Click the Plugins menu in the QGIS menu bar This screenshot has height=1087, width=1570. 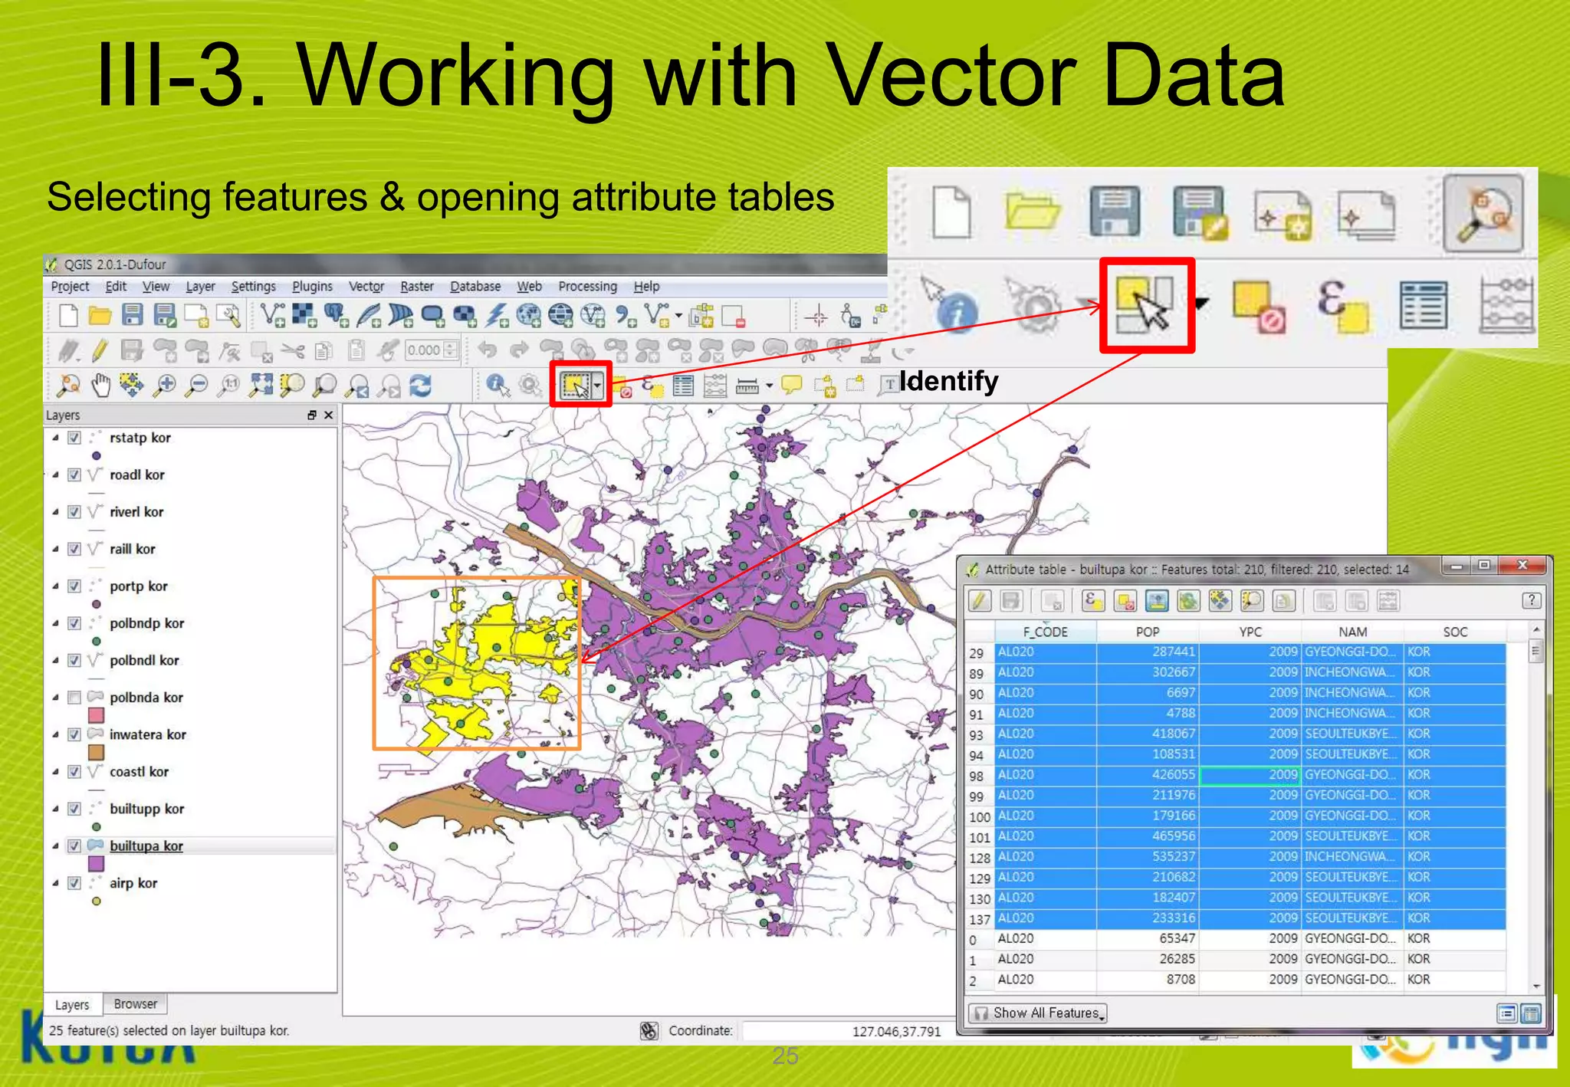312,287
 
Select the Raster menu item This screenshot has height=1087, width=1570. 417,287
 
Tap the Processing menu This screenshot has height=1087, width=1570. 587,287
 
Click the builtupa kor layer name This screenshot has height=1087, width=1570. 146,846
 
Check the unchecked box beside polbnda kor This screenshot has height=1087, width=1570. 74,698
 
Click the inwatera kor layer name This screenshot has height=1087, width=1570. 147,734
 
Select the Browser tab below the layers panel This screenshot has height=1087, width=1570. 135,1004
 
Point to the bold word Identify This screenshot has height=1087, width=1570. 948,381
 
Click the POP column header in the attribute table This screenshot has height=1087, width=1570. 1147,632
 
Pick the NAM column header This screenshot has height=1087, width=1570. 1352,632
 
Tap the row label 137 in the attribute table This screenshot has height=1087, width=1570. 979,919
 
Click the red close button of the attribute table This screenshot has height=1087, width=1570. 1522,566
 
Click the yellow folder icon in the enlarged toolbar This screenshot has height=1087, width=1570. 1032,212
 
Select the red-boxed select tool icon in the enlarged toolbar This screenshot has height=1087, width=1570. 1147,305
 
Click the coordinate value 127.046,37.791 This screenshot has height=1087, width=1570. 896,1032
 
